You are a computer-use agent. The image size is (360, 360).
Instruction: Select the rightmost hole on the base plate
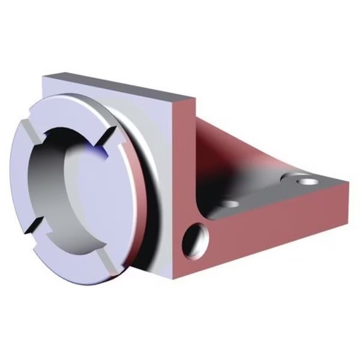(305, 179)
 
